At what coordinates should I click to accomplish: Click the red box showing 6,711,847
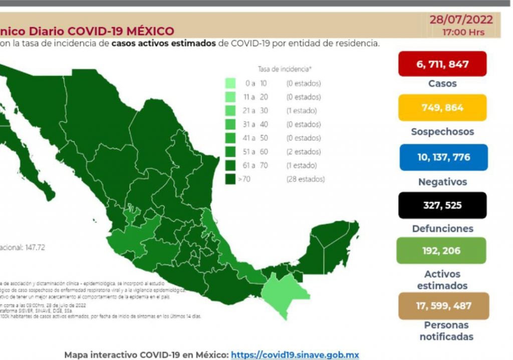442,64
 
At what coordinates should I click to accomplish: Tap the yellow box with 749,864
442,108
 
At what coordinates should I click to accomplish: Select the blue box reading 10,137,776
443,157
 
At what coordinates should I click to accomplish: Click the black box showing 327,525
442,205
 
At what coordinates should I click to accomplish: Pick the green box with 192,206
441,250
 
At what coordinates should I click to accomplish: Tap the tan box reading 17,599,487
443,305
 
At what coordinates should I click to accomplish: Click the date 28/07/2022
461,20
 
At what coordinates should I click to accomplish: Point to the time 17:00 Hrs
463,32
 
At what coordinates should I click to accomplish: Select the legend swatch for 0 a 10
231,83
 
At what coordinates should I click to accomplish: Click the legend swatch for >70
231,179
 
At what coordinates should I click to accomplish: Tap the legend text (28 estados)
305,179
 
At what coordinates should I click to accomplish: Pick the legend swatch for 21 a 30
231,111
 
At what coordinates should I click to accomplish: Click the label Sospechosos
442,132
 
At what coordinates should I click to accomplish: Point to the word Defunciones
442,229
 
